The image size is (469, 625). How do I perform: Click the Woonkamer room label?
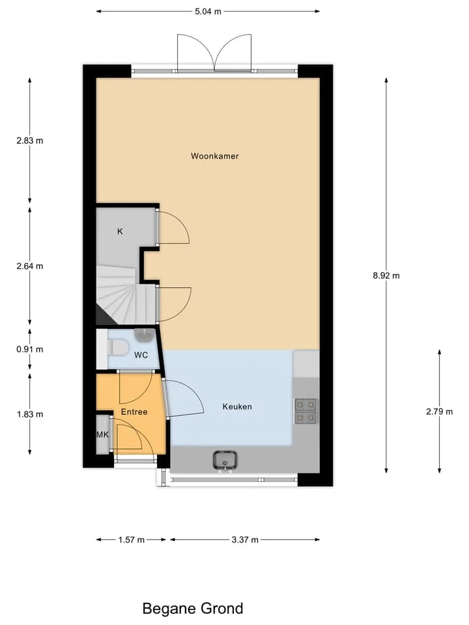(214, 156)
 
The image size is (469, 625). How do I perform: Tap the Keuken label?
(237, 406)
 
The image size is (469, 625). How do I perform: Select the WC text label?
(141, 355)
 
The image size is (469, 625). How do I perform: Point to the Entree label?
(134, 411)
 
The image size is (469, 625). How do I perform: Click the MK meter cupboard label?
(102, 434)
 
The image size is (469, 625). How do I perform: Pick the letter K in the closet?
(120, 231)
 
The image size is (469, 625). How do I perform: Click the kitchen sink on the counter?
(225, 460)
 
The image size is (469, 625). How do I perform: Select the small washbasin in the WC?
(144, 335)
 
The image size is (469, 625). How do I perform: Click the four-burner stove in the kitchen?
(306, 411)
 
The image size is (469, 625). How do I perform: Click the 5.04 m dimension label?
(208, 11)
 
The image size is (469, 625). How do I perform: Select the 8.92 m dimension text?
(386, 275)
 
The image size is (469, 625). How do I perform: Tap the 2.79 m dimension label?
(440, 411)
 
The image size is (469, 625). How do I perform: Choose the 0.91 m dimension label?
(30, 349)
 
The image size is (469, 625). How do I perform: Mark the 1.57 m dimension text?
(131, 540)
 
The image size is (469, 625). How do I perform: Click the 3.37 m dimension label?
(245, 540)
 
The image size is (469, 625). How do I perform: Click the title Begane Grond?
(193, 609)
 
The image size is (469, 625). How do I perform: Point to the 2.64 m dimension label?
(30, 266)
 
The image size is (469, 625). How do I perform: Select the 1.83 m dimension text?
(30, 414)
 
